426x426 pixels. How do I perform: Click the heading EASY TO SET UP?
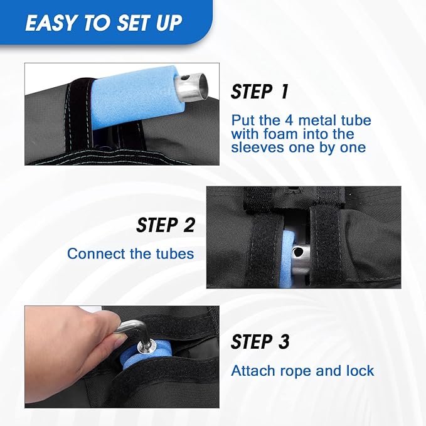104,23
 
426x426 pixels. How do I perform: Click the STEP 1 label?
260,92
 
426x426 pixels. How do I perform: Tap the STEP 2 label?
166,225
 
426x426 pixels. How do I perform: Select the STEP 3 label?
260,341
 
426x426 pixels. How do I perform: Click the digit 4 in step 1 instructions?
289,120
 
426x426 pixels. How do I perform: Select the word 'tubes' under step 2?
175,253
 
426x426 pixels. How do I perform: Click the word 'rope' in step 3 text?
296,371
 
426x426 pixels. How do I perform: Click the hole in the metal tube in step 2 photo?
299,252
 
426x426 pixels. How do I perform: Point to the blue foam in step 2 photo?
287,258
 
